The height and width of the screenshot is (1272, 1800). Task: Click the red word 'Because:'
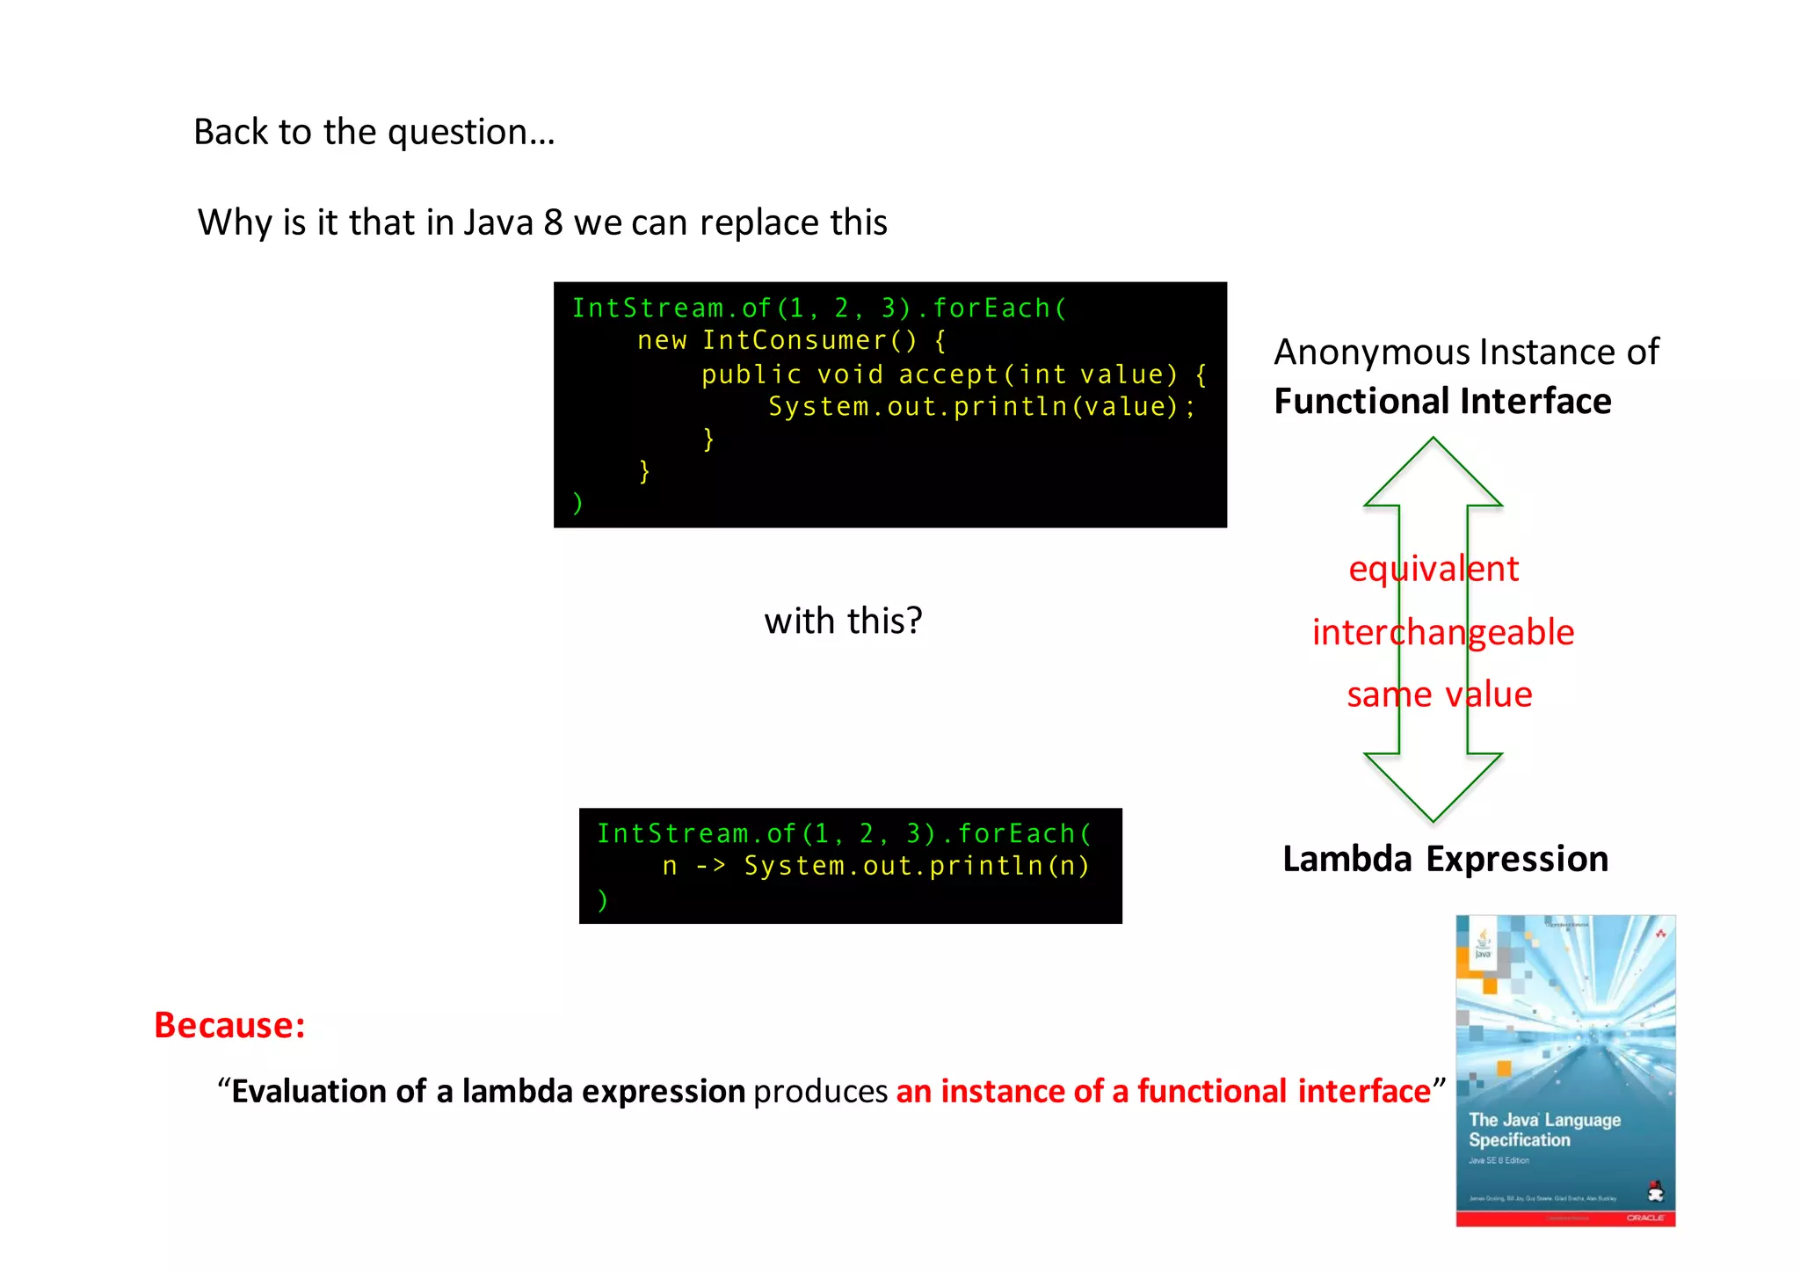tap(229, 1025)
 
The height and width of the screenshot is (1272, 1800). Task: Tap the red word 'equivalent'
tap(1433, 569)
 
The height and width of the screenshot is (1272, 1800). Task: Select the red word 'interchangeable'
tap(1443, 632)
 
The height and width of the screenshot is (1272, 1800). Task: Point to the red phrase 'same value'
tap(1440, 694)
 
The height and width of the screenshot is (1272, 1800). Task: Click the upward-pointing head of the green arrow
tap(1433, 475)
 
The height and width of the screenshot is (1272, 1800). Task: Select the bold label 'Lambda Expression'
tap(1445, 859)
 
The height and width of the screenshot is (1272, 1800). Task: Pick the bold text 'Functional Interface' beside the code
tap(1442, 401)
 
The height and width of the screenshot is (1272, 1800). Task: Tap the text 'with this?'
tap(843, 621)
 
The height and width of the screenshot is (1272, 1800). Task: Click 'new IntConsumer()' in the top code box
tap(777, 340)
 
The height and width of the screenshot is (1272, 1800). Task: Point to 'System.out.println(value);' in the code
tap(982, 406)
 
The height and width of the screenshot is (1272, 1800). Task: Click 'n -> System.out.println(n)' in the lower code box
tap(875, 866)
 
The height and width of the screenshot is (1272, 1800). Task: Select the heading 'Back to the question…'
tap(374, 132)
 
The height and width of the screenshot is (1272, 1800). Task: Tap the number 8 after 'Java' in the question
tap(553, 222)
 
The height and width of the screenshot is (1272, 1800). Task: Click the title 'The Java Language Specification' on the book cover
tap(1544, 1130)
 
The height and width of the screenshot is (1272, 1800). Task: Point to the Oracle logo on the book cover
tap(1644, 1217)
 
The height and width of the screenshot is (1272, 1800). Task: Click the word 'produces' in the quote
tap(820, 1091)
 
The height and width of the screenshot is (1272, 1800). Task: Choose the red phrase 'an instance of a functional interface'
tap(1163, 1091)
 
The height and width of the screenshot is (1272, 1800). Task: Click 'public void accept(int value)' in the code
tap(939, 374)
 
